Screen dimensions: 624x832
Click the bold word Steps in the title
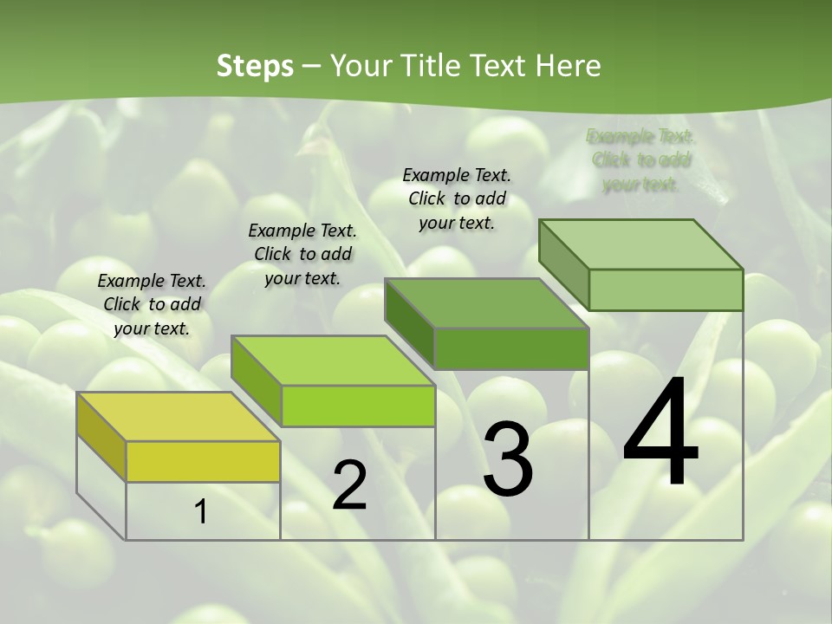click(x=255, y=66)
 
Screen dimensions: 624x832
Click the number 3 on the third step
click(x=508, y=460)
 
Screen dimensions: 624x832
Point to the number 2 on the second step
click(x=349, y=485)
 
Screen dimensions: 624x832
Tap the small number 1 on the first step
click(x=200, y=512)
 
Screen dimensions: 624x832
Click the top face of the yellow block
click(x=179, y=417)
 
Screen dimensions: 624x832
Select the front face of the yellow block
click(x=203, y=461)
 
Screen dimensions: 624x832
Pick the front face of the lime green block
click(x=358, y=406)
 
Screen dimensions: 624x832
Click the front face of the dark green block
click(x=511, y=348)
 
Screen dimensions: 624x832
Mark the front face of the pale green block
click(x=666, y=289)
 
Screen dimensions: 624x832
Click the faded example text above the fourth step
click(x=641, y=160)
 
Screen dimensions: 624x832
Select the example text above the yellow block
click(x=152, y=304)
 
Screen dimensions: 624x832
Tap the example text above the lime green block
click(x=302, y=254)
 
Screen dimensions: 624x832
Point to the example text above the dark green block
click(x=457, y=198)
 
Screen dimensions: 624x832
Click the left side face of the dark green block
click(x=409, y=323)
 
